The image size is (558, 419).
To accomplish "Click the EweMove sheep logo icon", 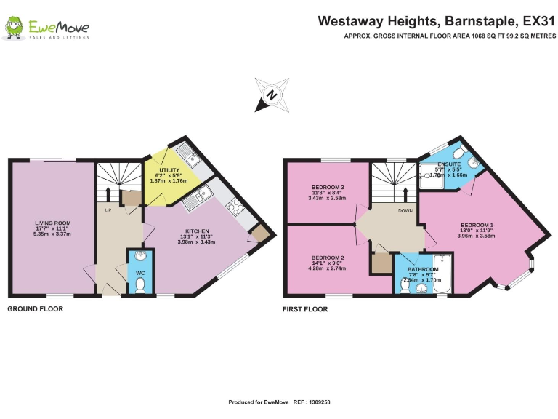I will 14,28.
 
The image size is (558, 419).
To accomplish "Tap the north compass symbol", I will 272,95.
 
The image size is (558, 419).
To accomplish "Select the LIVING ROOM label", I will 52,223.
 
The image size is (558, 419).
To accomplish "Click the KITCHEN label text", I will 187,231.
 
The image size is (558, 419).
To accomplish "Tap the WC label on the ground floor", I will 140,274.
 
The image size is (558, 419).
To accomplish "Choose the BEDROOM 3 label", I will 326,187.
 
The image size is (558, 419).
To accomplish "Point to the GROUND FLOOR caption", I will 35,309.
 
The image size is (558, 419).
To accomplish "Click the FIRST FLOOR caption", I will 305,309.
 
